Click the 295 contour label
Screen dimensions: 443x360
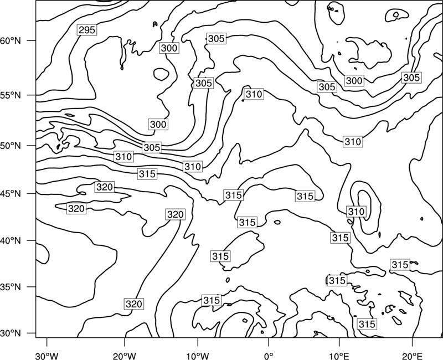[x=87, y=30]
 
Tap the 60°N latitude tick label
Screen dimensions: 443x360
[x=11, y=40]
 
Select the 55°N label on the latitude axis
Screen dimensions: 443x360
[x=11, y=95]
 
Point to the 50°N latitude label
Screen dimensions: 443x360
[x=11, y=146]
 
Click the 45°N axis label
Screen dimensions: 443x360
[x=11, y=193]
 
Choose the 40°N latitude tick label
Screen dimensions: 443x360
[x=11, y=241]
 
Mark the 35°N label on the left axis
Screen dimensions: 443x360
[x=11, y=287]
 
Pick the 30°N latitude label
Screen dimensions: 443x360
[x=11, y=333]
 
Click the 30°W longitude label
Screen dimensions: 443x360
[x=47, y=356]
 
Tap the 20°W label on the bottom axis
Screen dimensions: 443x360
[x=124, y=356]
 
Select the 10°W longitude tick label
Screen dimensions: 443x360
[x=197, y=356]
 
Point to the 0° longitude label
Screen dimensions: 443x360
[x=269, y=356]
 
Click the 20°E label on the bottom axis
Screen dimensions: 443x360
[x=412, y=356]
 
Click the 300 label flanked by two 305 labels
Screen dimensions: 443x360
[x=354, y=81]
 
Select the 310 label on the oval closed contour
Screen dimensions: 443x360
[x=356, y=212]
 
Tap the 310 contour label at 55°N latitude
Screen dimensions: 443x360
[x=254, y=94]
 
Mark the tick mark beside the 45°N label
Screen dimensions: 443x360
[x=32, y=193]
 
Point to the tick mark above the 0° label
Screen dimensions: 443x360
[x=269, y=341]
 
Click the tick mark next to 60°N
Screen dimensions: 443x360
[x=32, y=40]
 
